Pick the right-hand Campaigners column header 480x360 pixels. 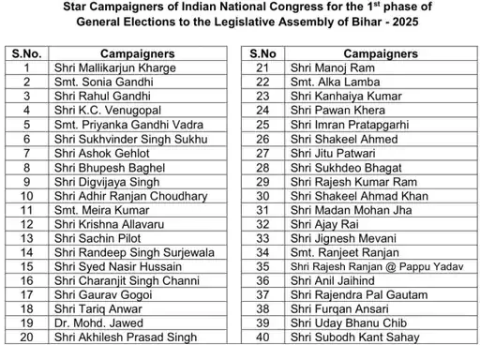pyautogui.click(x=367, y=54)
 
